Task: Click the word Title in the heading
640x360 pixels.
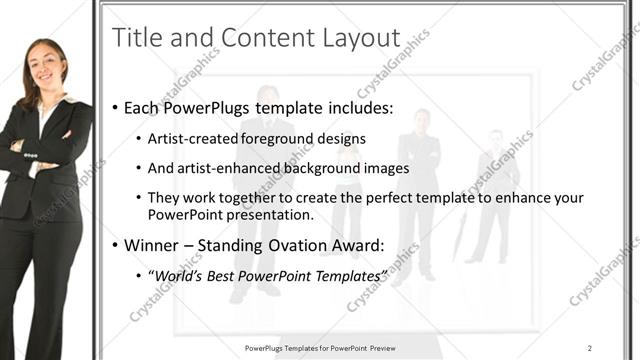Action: coord(136,38)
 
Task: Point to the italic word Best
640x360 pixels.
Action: coord(223,276)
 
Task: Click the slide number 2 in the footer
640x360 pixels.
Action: coord(590,347)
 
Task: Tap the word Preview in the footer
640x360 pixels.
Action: coord(379,347)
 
